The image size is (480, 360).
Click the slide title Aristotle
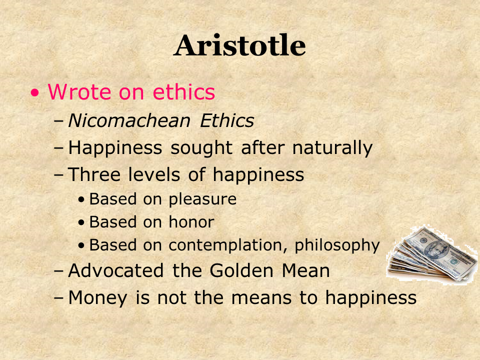(x=239, y=45)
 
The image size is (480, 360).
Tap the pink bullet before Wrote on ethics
(x=35, y=93)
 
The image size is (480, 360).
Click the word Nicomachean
(x=129, y=120)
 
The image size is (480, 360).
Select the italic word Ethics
(x=227, y=120)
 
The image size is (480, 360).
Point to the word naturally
(x=332, y=148)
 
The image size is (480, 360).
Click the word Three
(x=94, y=174)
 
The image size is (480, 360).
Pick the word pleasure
(x=202, y=199)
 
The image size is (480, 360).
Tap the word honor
(x=191, y=221)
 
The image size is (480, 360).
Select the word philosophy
(x=337, y=245)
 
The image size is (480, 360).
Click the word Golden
(x=241, y=270)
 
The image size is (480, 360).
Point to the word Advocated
(x=115, y=270)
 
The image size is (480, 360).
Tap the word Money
(x=97, y=298)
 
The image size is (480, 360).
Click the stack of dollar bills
(x=431, y=255)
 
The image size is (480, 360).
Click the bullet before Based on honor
(x=81, y=222)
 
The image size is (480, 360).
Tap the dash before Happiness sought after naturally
(x=59, y=148)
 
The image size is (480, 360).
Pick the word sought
(x=201, y=148)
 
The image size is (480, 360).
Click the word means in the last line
(x=261, y=298)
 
